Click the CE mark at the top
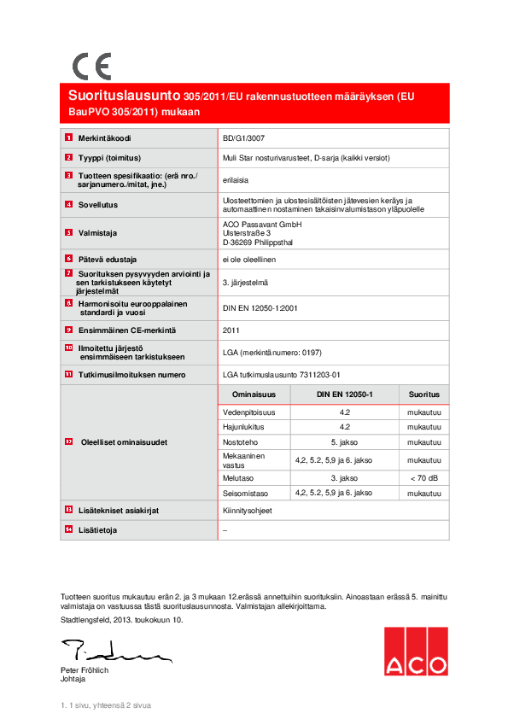click(91, 66)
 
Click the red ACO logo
click(414, 651)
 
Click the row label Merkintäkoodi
click(104, 137)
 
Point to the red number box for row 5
click(69, 232)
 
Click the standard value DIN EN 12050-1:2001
click(259, 308)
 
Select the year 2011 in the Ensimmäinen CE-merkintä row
click(231, 330)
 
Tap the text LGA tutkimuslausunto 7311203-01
click(281, 374)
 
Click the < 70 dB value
click(423, 478)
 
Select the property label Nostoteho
click(240, 442)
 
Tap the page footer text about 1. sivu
click(105, 705)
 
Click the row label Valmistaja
click(97, 232)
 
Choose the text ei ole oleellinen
click(249, 259)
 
